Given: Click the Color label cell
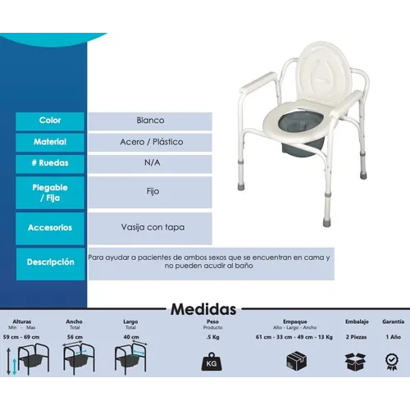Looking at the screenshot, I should click(50, 120).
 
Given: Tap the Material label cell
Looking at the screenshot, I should click(50, 141).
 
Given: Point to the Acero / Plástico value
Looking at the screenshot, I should click(151, 141).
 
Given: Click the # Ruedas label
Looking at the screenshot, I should click(50, 162).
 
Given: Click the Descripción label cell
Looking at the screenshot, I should click(50, 263).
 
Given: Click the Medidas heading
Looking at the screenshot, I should click(204, 309).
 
